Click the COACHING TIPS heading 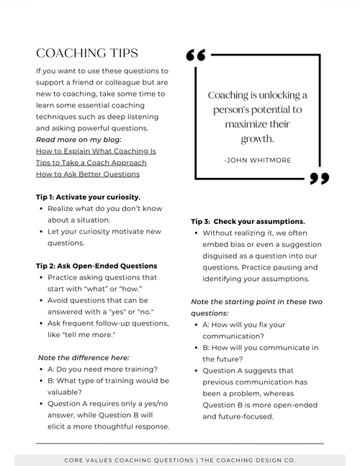(86, 54)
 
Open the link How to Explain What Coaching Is (96, 151)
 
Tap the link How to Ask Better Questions (87, 174)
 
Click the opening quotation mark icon (196, 56)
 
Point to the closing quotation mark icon (319, 178)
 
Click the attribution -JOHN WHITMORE (258, 160)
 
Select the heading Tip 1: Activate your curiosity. (88, 197)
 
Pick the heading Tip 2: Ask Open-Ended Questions (96, 266)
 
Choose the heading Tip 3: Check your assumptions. (248, 221)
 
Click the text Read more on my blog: (78, 140)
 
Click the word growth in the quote (257, 138)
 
